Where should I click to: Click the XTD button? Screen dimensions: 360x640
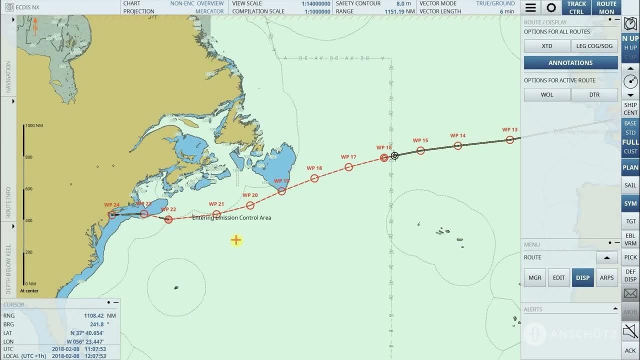(x=547, y=46)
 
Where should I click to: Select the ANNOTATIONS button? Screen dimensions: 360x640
(x=570, y=62)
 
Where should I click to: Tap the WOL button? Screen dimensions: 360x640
(x=547, y=94)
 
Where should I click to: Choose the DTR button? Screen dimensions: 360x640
(x=594, y=94)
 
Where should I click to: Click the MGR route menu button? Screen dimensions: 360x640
(x=535, y=277)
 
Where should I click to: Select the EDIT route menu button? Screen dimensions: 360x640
(x=558, y=277)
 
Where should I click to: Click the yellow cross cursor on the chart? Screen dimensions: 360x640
(x=236, y=240)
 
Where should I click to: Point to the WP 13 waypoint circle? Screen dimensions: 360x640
(x=509, y=140)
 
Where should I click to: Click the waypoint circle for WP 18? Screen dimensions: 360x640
(x=314, y=178)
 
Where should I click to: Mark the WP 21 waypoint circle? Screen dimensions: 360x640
(x=216, y=214)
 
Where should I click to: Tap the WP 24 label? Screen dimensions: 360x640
(x=111, y=205)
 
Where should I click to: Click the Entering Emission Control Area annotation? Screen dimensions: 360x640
(x=231, y=218)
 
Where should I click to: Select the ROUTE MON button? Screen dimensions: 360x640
(x=606, y=7)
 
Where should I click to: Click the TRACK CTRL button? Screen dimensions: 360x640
(x=576, y=7)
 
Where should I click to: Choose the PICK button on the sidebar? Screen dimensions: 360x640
(x=630, y=257)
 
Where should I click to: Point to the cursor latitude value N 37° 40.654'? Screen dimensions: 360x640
(x=87, y=333)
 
